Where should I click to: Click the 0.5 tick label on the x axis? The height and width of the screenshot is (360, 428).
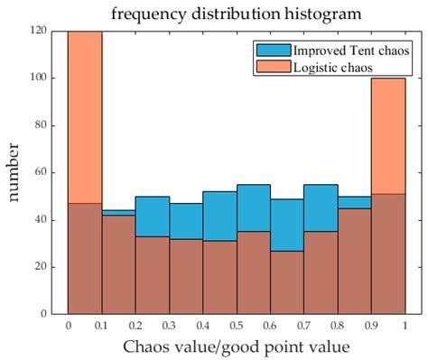coord(237,326)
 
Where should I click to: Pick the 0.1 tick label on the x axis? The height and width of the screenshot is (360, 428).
coord(101,326)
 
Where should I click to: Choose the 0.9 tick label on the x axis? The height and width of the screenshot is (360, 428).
coord(371,326)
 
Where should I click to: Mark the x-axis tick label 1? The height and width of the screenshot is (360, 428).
coord(405,326)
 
